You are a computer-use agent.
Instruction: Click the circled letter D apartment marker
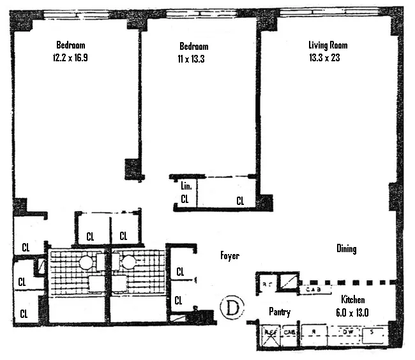231,308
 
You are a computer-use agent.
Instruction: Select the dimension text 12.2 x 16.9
71,57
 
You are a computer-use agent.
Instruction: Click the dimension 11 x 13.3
193,58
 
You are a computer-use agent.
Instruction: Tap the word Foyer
229,256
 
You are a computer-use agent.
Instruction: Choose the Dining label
347,249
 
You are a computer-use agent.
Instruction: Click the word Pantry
280,312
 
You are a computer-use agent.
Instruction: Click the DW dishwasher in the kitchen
348,332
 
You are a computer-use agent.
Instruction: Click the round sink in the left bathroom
86,262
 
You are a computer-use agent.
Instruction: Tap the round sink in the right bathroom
128,262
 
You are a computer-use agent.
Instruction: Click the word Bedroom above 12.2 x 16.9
71,45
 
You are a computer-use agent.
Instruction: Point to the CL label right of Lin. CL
240,200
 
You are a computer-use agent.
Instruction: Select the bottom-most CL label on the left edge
24,313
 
